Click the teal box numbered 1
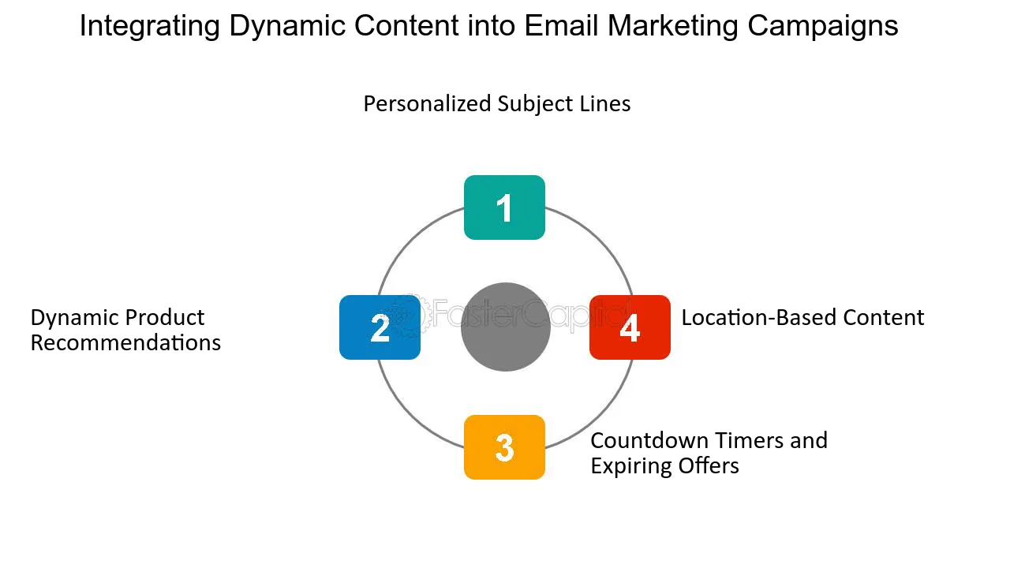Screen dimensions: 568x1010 point(504,207)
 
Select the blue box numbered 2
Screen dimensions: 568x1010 point(380,327)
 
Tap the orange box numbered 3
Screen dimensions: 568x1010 point(504,447)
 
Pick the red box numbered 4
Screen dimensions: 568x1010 point(630,327)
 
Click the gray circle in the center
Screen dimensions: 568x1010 point(505,327)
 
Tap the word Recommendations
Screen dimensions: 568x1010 point(125,343)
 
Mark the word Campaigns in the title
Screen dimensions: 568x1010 point(823,26)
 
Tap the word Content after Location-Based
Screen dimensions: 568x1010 point(883,317)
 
